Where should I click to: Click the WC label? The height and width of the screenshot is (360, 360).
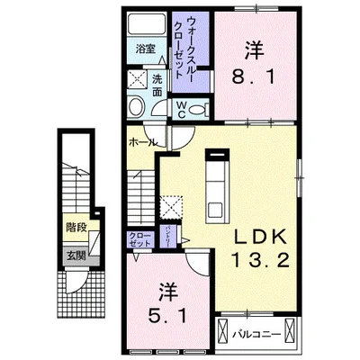click(180, 107)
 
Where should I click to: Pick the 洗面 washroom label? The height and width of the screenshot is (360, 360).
click(158, 84)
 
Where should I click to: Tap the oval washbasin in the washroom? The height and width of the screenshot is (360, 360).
click(136, 106)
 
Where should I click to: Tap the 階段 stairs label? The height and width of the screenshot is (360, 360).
click(76, 228)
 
